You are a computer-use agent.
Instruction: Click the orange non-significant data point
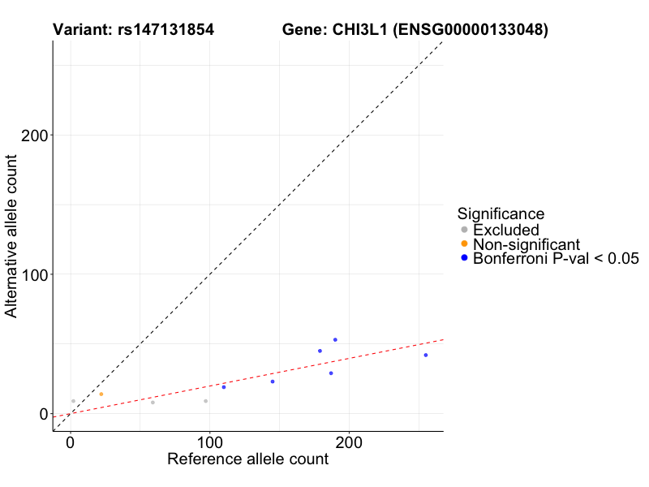click(101, 394)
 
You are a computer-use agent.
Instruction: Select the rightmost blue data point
click(425, 355)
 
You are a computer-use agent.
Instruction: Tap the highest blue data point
click(335, 340)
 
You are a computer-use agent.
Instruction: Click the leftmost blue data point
click(224, 387)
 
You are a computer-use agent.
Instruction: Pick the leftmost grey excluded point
click(73, 401)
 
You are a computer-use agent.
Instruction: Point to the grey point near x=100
click(206, 401)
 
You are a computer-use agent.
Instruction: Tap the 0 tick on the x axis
click(71, 444)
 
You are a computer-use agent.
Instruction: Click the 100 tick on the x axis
click(209, 444)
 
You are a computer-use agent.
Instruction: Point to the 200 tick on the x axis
click(349, 444)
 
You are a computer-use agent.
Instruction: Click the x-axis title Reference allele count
click(247, 459)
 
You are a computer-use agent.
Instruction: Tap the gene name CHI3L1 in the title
click(359, 30)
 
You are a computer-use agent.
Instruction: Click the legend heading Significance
click(501, 213)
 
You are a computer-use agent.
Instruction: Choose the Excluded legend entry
click(505, 230)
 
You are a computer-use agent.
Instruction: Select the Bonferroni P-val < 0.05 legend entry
click(556, 259)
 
